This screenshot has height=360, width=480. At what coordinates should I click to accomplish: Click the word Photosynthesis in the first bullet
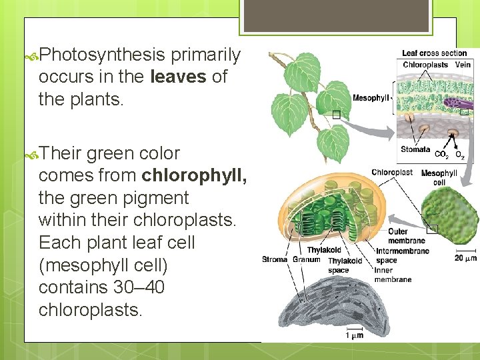(x=102, y=55)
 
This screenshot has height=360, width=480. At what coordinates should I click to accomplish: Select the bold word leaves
(x=179, y=77)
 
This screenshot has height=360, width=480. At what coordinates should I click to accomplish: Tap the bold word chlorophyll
(x=194, y=175)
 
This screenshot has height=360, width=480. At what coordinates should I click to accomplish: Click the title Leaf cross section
(x=434, y=53)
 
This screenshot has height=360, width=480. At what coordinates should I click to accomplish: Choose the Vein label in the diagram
(x=463, y=65)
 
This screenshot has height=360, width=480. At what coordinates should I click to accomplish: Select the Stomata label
(x=415, y=150)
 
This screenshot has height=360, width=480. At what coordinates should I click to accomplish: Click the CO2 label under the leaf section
(x=441, y=155)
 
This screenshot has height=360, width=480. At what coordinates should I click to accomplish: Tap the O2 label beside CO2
(x=460, y=155)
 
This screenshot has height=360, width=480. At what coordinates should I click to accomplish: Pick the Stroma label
(x=275, y=259)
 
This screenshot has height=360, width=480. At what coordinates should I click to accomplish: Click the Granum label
(x=306, y=259)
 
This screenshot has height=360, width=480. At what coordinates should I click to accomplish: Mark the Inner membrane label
(x=393, y=275)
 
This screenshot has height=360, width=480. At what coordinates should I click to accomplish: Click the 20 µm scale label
(x=465, y=258)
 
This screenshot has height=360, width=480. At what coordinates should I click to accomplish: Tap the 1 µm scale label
(x=354, y=335)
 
